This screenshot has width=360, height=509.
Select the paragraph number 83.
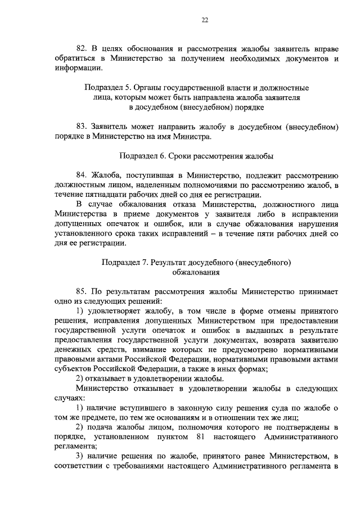(82, 127)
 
